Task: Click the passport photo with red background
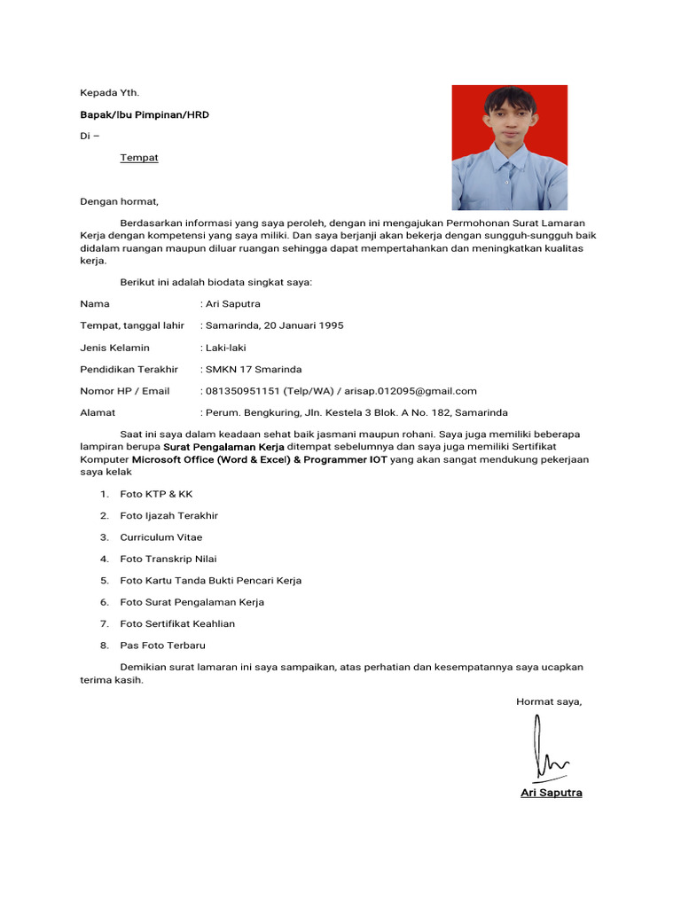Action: (509, 147)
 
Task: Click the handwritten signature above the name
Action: (548, 750)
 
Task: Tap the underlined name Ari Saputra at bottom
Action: (551, 793)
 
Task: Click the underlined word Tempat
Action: (139, 158)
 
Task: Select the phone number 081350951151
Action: (242, 391)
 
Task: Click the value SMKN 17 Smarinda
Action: (254, 369)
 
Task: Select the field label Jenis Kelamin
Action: (114, 348)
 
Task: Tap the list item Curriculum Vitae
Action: (161, 537)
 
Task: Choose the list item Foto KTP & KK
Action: (156, 494)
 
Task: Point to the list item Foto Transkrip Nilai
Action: (168, 559)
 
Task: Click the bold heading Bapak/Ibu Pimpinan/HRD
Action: (145, 115)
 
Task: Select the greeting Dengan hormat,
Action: (119, 201)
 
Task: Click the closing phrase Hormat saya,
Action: (549, 701)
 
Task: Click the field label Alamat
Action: (98, 412)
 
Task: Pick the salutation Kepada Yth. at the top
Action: (109, 92)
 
